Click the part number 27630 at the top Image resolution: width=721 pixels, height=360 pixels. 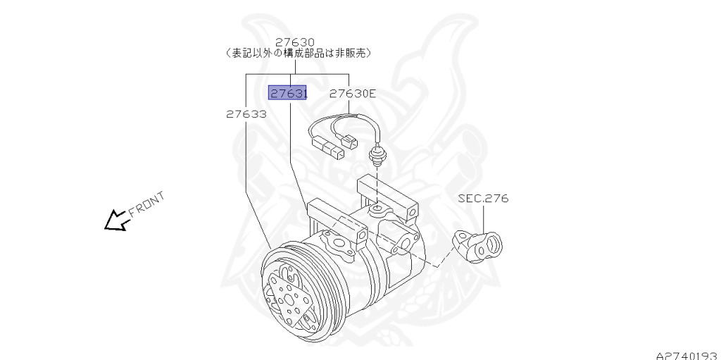294,42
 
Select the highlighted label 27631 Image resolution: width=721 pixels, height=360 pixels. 287,92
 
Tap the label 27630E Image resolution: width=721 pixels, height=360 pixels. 353,92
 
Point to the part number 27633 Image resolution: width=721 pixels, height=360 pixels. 246,113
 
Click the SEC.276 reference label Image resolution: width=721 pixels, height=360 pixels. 483,199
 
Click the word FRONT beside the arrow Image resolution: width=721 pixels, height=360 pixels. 146,204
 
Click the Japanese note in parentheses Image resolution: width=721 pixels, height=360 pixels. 299,54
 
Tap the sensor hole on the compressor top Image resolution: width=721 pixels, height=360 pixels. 377,209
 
